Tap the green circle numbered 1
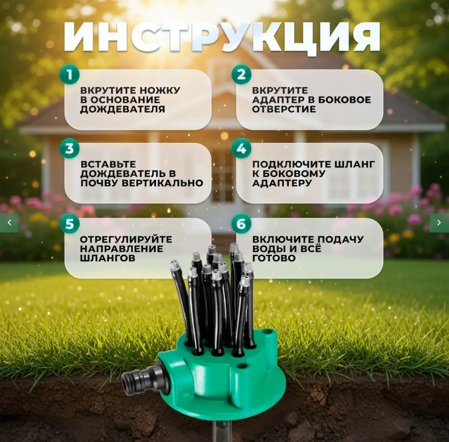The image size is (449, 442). pyautogui.click(x=69, y=75)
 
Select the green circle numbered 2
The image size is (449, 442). pyautogui.click(x=241, y=75)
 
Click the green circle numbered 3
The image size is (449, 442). pyautogui.click(x=69, y=149)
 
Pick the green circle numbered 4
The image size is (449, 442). pyautogui.click(x=241, y=149)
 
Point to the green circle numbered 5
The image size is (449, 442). pyautogui.click(x=69, y=224)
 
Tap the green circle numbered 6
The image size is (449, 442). pyautogui.click(x=241, y=224)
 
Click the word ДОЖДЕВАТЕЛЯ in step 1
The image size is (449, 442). pyautogui.click(x=122, y=109)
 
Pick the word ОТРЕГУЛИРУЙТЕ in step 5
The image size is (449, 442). pyautogui.click(x=126, y=239)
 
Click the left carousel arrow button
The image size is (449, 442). pyautogui.click(x=9, y=223)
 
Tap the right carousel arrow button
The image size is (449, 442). pyautogui.click(x=439, y=223)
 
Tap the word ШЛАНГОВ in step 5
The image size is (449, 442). pyautogui.click(x=107, y=258)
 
